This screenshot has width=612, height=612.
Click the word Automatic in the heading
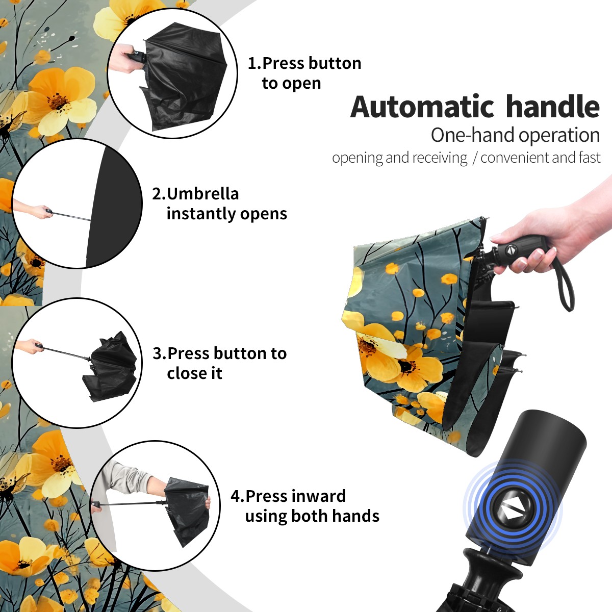[x=422, y=107]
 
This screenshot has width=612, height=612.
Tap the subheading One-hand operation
[x=515, y=135]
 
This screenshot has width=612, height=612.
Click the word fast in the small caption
[x=589, y=158]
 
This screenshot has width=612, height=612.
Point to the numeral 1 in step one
[x=252, y=64]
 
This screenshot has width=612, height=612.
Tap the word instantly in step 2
[x=201, y=214]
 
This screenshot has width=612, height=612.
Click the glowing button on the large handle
[x=513, y=512]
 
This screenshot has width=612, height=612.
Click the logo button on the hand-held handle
[x=511, y=250]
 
